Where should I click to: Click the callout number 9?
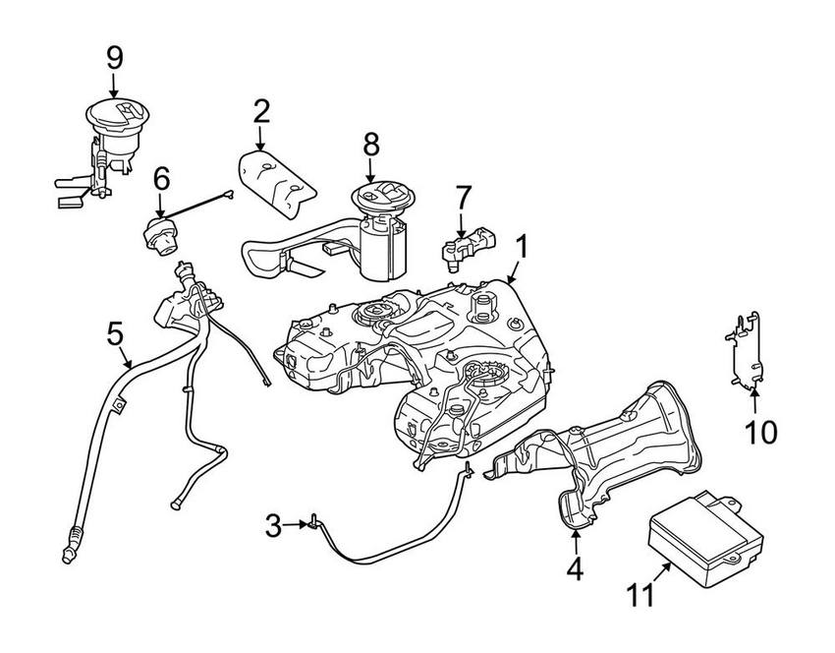point(115,57)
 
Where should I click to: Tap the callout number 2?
point(260,110)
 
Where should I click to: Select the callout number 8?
point(370,144)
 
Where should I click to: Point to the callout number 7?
point(463,197)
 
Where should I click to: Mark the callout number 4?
point(575,567)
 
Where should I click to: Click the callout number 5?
point(115,334)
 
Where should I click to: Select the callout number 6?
point(161,179)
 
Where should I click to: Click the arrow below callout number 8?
point(370,171)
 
